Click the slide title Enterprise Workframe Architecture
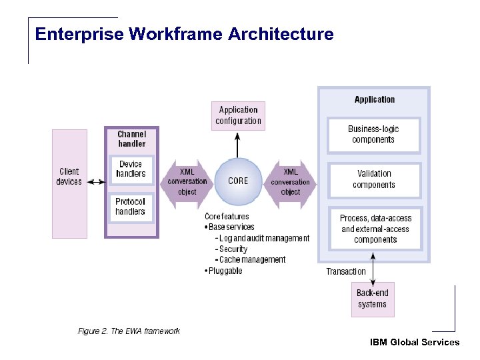tap(184, 33)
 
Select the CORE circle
tap(238, 181)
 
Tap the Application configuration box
tap(238, 115)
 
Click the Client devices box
tap(69, 177)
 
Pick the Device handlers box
tap(131, 169)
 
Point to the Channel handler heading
tap(131, 139)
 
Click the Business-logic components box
tap(373, 135)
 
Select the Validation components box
tap(373, 179)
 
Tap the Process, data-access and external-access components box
tap(375, 229)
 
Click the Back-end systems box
tap(372, 299)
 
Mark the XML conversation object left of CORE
tap(187, 181)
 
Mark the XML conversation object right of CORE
tap(290, 181)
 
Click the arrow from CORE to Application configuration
tap(238, 143)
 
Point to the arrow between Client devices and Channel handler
tap(95, 182)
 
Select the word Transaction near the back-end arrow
tap(345, 271)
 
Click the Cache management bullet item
tap(253, 260)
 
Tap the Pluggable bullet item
tap(224, 271)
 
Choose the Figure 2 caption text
tap(129, 331)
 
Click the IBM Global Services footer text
tap(414, 342)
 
